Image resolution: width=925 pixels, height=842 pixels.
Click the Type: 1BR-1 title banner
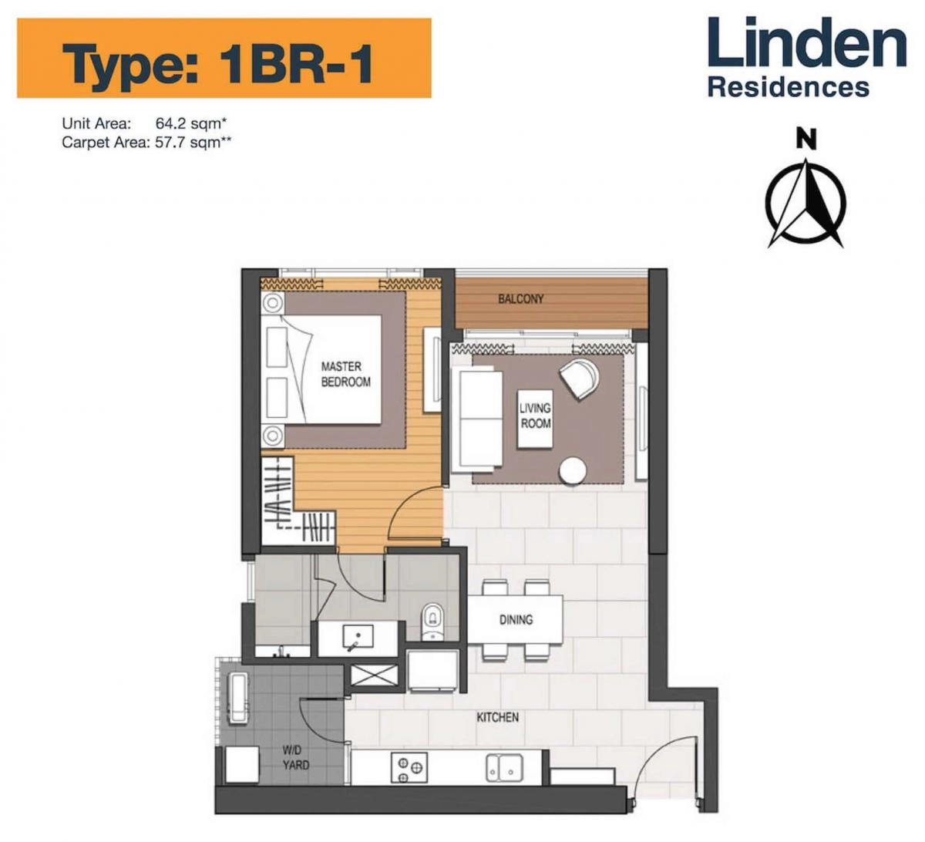(224, 59)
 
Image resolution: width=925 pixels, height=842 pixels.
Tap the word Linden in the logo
(806, 44)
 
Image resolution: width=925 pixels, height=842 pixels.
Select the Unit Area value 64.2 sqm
(192, 123)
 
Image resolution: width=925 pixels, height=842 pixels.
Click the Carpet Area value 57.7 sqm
(193, 143)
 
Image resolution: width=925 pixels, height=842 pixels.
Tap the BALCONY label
(520, 299)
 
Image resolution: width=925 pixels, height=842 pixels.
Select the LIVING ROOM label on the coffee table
(535, 416)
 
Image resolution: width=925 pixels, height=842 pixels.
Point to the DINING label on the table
(516, 619)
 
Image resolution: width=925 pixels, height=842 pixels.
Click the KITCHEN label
(497, 717)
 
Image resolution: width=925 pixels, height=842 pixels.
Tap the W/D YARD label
(295, 757)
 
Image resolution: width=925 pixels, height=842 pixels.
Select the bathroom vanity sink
(357, 638)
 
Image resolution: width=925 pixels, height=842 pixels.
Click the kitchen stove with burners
(408, 767)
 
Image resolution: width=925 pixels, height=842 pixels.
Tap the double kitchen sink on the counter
(504, 767)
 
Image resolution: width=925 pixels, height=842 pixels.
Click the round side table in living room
(573, 470)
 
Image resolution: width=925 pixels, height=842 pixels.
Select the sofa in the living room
(479, 418)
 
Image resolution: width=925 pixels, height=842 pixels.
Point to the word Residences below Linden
(789, 87)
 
